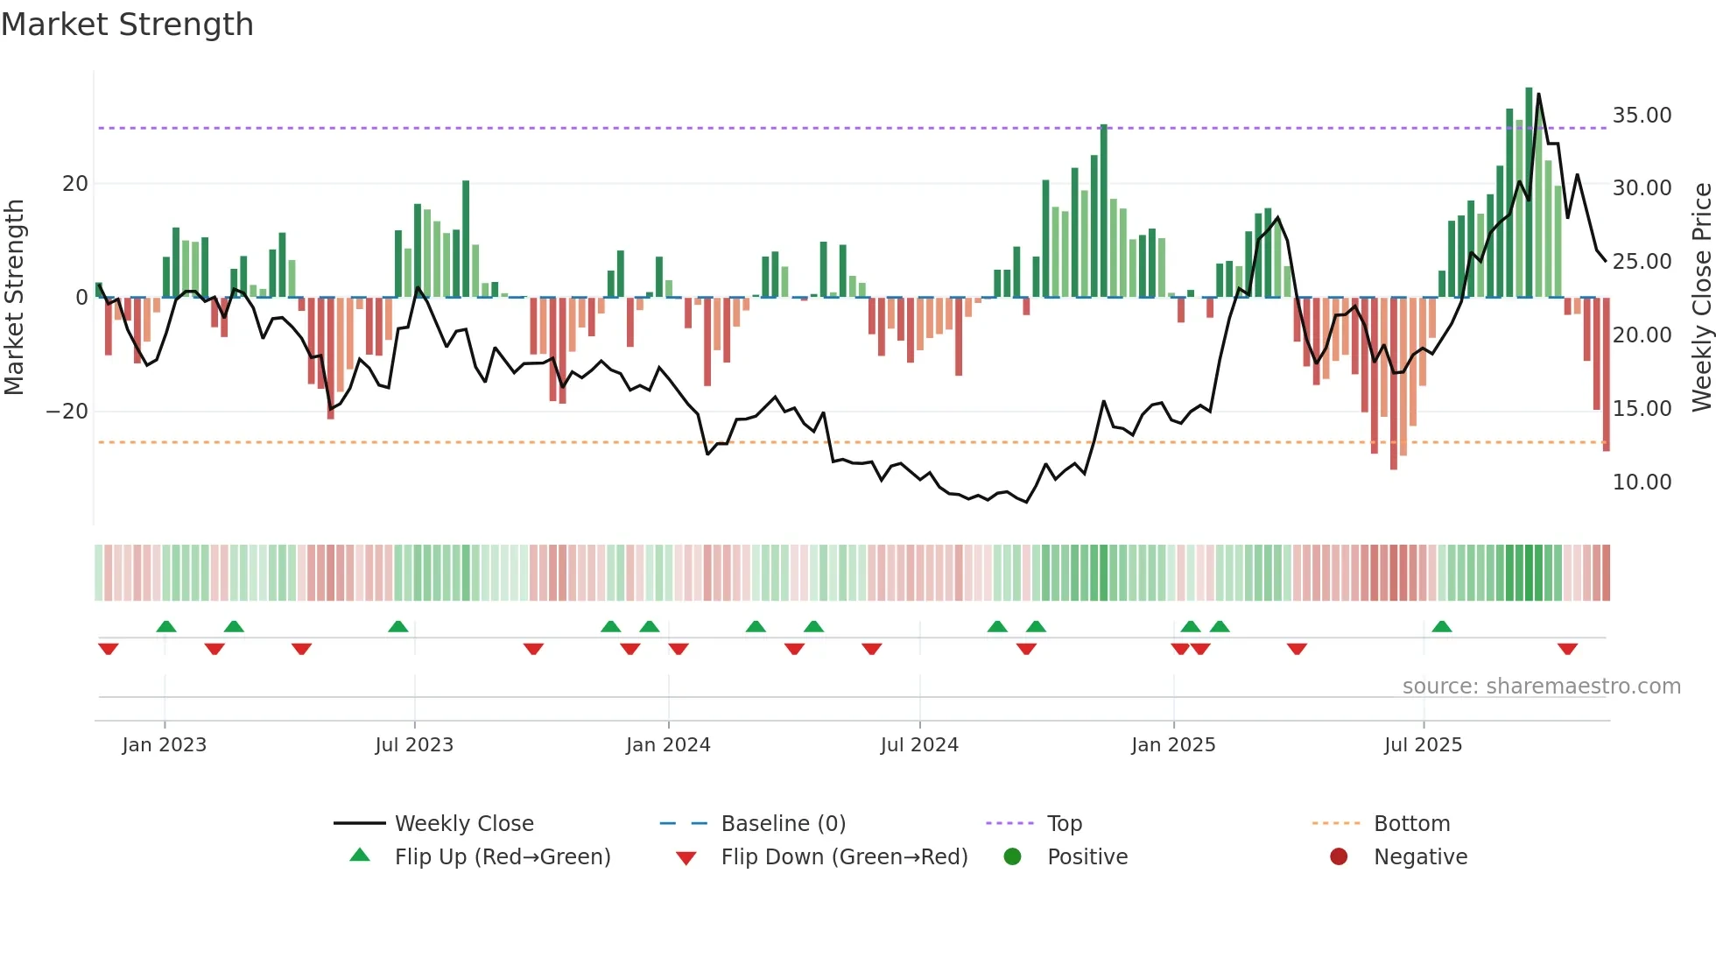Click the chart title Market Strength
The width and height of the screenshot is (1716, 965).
128,25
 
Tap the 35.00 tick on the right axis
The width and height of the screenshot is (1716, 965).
1642,115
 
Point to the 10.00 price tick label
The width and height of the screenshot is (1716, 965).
1642,482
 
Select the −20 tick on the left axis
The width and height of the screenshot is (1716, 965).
67,412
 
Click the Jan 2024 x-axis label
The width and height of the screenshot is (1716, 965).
668,745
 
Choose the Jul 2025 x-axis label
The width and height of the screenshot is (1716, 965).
1423,745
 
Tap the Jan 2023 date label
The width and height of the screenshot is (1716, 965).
165,745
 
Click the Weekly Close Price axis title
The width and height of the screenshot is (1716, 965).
1701,298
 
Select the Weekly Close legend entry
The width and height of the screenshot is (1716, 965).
463,824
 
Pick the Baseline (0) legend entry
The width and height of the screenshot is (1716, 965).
783,824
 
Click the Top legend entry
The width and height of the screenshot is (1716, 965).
1064,824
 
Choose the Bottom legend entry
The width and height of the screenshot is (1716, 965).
1411,824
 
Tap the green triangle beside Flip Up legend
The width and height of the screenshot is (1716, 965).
360,856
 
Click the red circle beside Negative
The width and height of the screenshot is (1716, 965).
1339,856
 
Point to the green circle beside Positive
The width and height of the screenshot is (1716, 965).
1012,856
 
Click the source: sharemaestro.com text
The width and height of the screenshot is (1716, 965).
1541,687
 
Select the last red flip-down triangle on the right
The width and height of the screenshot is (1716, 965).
1567,649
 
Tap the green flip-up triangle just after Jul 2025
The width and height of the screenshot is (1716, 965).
1441,626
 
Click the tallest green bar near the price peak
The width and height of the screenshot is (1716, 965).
1529,193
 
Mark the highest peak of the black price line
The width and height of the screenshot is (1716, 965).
1538,95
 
